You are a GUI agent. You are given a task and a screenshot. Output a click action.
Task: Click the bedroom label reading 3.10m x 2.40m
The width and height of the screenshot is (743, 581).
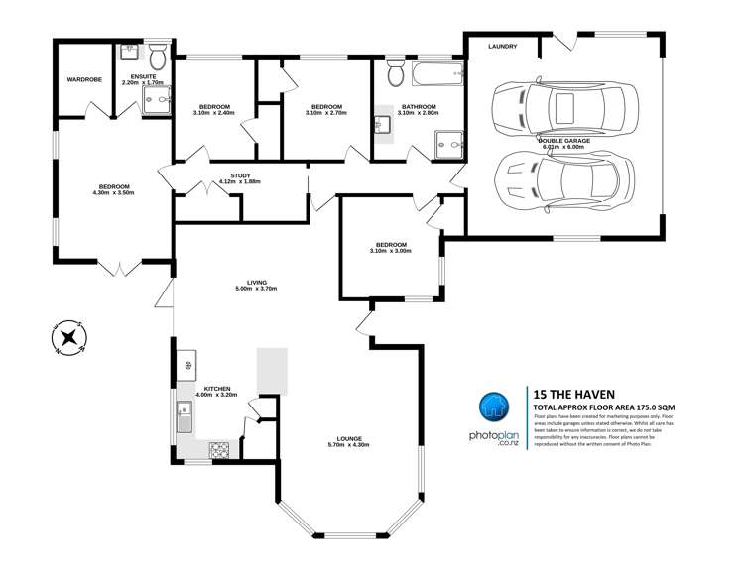214,110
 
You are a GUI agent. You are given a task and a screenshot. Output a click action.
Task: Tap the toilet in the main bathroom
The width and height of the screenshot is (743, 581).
394,70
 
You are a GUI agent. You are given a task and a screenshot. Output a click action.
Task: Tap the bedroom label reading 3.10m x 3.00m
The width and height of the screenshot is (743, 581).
390,248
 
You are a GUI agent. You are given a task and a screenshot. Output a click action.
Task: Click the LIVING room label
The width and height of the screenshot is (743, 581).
255,285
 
